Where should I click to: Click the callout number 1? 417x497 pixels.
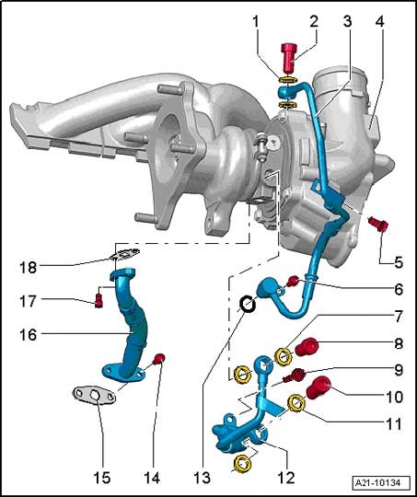click(256, 22)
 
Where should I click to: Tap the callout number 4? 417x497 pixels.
click(380, 22)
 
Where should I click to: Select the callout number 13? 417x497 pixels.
click(202, 478)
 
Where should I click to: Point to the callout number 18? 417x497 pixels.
click(29, 267)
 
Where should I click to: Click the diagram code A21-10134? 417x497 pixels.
click(377, 483)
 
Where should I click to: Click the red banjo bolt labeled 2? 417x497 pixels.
click(290, 57)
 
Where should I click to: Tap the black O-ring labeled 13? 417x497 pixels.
click(248, 304)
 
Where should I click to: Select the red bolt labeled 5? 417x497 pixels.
click(378, 225)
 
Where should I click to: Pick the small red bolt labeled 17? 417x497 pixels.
click(98, 300)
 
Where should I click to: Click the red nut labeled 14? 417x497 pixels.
click(159, 358)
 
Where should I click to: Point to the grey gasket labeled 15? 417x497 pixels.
click(94, 395)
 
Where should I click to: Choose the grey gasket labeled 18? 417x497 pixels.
click(125, 255)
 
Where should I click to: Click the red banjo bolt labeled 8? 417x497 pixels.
click(307, 346)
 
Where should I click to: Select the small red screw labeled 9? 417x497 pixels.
click(294, 375)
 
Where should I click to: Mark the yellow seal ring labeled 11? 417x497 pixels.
click(296, 402)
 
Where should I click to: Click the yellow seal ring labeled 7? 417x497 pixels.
click(284, 356)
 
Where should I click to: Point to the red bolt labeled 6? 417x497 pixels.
click(293, 281)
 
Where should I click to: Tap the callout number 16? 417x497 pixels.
click(29, 334)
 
